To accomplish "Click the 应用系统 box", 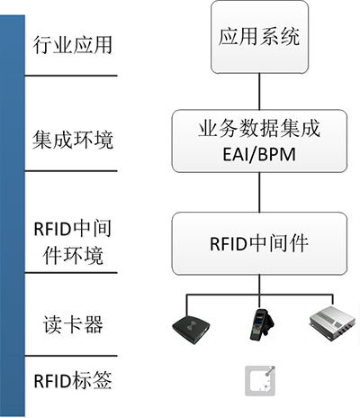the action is coord(260,37).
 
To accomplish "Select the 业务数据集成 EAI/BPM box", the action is coord(259,141).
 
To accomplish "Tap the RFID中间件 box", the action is coord(259,243).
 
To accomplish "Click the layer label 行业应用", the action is coord(72,45).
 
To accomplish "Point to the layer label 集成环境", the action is coord(73,140).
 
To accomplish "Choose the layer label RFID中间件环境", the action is coord(73,242).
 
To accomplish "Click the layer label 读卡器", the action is coord(73,324).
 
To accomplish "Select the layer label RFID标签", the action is coord(73,380).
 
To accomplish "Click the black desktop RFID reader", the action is coord(191,329).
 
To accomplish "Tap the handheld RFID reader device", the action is coord(261,324).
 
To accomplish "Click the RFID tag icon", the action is coord(260,381).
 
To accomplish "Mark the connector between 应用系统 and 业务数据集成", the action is coord(260,92).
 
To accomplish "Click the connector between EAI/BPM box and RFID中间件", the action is coord(260,193).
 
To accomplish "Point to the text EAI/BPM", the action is coord(259,154).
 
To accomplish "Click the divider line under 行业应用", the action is coord(71,76).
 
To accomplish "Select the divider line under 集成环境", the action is coord(71,171).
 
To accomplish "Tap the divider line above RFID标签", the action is coord(71,356).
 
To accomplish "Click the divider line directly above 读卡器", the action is coord(71,273).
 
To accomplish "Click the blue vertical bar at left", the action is coord(13,215).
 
